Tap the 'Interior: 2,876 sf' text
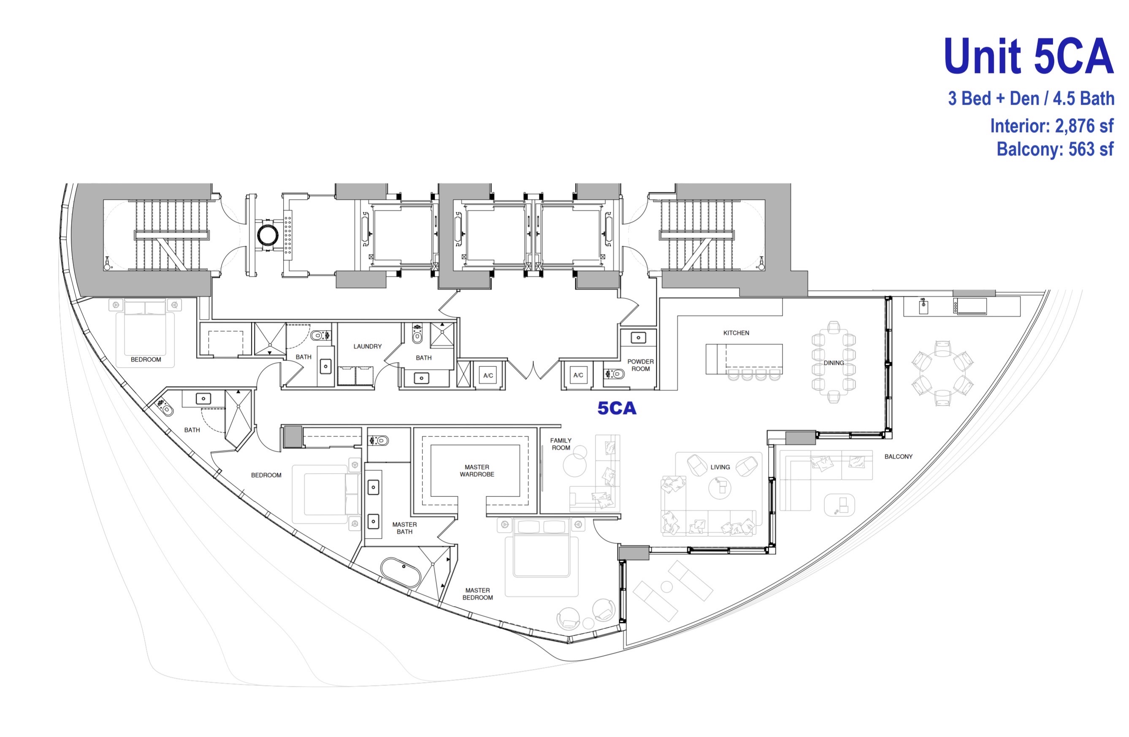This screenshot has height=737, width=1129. click(1052, 126)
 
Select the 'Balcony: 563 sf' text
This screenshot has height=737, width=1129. click(1055, 149)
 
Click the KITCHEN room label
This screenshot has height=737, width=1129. click(736, 333)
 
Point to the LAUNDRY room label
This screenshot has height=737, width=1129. click(367, 347)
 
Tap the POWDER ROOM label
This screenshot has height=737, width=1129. click(640, 365)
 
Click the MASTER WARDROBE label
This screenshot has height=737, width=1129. click(477, 471)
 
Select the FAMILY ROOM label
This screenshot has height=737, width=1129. click(561, 444)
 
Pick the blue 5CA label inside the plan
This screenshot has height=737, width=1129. click(617, 408)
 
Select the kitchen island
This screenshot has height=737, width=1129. click(744, 359)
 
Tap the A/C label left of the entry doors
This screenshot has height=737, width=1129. click(488, 375)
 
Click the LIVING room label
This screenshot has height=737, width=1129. click(720, 467)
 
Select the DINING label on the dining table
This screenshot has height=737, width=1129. click(834, 363)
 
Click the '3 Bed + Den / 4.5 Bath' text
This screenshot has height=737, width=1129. click(1031, 98)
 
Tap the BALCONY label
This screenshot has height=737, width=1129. click(899, 457)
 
